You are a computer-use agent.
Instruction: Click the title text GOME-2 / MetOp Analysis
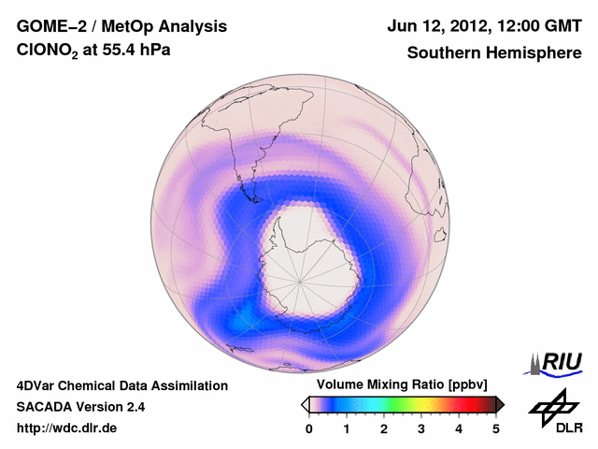(108, 26)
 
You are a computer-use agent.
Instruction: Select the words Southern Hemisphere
(494, 53)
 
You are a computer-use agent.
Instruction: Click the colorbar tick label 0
(309, 428)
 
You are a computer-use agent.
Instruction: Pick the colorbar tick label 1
(347, 428)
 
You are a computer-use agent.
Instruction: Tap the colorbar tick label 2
(384, 428)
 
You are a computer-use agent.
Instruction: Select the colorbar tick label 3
(421, 428)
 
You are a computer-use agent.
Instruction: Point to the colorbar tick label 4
(459, 428)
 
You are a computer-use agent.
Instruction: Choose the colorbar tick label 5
(496, 428)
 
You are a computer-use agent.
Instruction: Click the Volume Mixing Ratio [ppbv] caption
(398, 385)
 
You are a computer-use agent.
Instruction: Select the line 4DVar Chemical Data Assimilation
(121, 385)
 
